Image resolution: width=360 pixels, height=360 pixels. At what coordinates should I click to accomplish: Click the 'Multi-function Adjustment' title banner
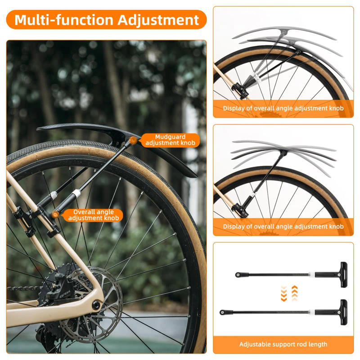[106, 20]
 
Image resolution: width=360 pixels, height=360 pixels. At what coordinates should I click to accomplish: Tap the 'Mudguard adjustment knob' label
[170, 140]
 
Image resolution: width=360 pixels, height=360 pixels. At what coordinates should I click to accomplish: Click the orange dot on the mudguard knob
[133, 140]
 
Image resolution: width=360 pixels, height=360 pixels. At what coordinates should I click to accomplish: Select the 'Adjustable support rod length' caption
[283, 344]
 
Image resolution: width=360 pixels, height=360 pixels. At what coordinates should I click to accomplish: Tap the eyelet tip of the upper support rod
[238, 274]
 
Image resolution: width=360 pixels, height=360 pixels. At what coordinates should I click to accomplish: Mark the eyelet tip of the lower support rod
[222, 312]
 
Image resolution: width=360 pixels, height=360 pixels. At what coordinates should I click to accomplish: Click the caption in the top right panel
[283, 108]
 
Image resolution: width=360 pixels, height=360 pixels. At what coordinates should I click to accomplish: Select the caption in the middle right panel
[283, 226]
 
